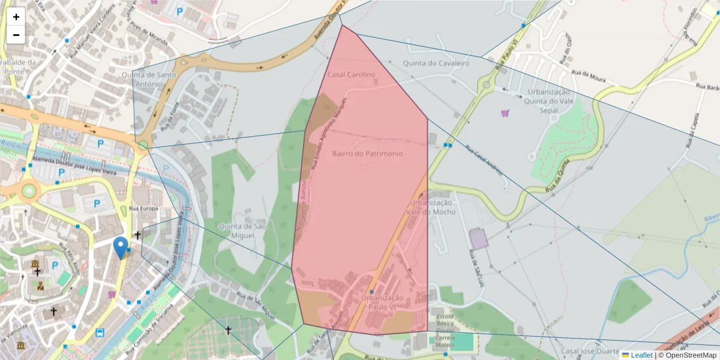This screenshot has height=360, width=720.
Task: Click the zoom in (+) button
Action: tap(16, 17)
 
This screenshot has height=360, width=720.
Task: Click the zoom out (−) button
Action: tap(16, 35)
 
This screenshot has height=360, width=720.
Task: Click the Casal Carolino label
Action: tap(351, 74)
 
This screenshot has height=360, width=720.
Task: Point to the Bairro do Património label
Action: tap(367, 154)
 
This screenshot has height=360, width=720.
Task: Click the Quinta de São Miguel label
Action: tap(241, 231)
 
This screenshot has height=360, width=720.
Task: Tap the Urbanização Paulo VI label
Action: tap(383, 302)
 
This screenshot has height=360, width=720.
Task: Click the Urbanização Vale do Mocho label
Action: tap(431, 207)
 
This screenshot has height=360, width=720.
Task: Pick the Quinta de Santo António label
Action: tap(142, 79)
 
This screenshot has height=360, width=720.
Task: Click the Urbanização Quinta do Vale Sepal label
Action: tap(548, 101)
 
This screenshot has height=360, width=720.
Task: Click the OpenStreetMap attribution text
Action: tap(688, 355)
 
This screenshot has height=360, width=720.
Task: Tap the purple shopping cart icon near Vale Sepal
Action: tap(505, 113)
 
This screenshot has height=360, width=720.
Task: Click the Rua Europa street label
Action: tap(143, 208)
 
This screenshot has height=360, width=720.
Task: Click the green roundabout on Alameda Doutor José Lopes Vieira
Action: tap(28, 191)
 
